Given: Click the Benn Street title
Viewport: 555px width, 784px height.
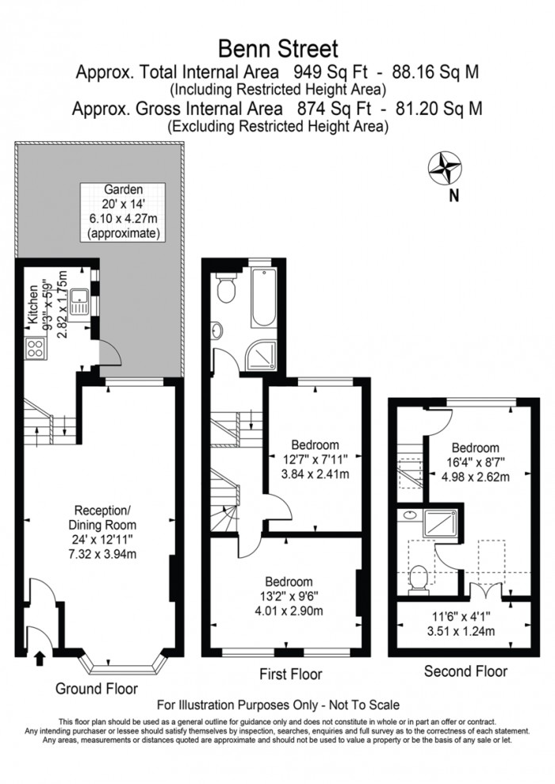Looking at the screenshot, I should coord(278,49).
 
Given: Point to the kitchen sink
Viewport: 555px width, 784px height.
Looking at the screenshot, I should coord(79,300).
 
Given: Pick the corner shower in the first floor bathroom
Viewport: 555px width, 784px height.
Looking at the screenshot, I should coord(260,357).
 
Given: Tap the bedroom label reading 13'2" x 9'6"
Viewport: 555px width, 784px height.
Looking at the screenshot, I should coord(288,596).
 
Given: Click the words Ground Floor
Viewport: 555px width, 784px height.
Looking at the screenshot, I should coord(96,689).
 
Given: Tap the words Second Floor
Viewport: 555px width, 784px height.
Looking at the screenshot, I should coord(465,671).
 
